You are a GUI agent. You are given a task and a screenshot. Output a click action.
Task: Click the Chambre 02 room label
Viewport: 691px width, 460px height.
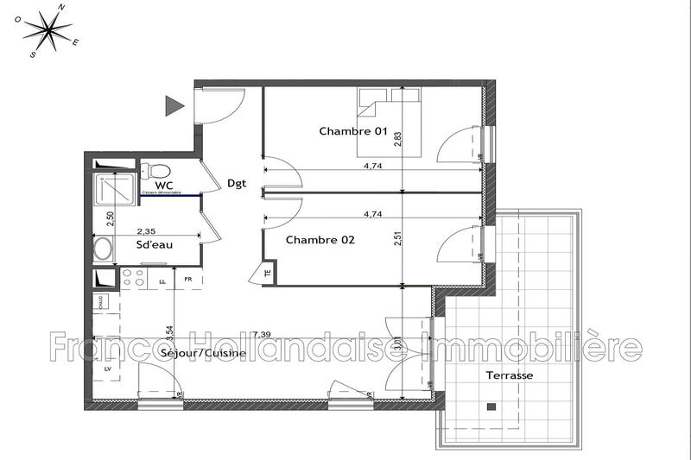(320, 239)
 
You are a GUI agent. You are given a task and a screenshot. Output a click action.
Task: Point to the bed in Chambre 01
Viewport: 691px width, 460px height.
(390, 126)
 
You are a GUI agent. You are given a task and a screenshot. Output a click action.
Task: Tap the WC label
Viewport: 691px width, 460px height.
(165, 186)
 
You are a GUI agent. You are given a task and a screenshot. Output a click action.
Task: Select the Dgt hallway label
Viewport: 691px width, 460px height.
(238, 183)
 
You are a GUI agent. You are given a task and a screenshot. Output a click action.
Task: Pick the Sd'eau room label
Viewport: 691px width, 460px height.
(155, 245)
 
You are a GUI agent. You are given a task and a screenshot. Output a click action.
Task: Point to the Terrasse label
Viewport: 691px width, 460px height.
(509, 376)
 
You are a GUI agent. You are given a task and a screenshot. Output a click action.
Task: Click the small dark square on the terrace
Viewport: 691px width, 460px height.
(491, 406)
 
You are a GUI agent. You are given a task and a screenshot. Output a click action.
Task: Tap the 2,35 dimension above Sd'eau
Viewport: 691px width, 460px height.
(146, 230)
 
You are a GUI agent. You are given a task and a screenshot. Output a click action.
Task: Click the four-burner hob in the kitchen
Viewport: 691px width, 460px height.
(134, 278)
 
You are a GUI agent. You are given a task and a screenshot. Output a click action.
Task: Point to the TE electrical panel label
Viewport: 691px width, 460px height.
(267, 274)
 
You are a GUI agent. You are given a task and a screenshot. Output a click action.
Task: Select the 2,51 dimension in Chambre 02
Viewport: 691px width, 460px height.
(398, 236)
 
